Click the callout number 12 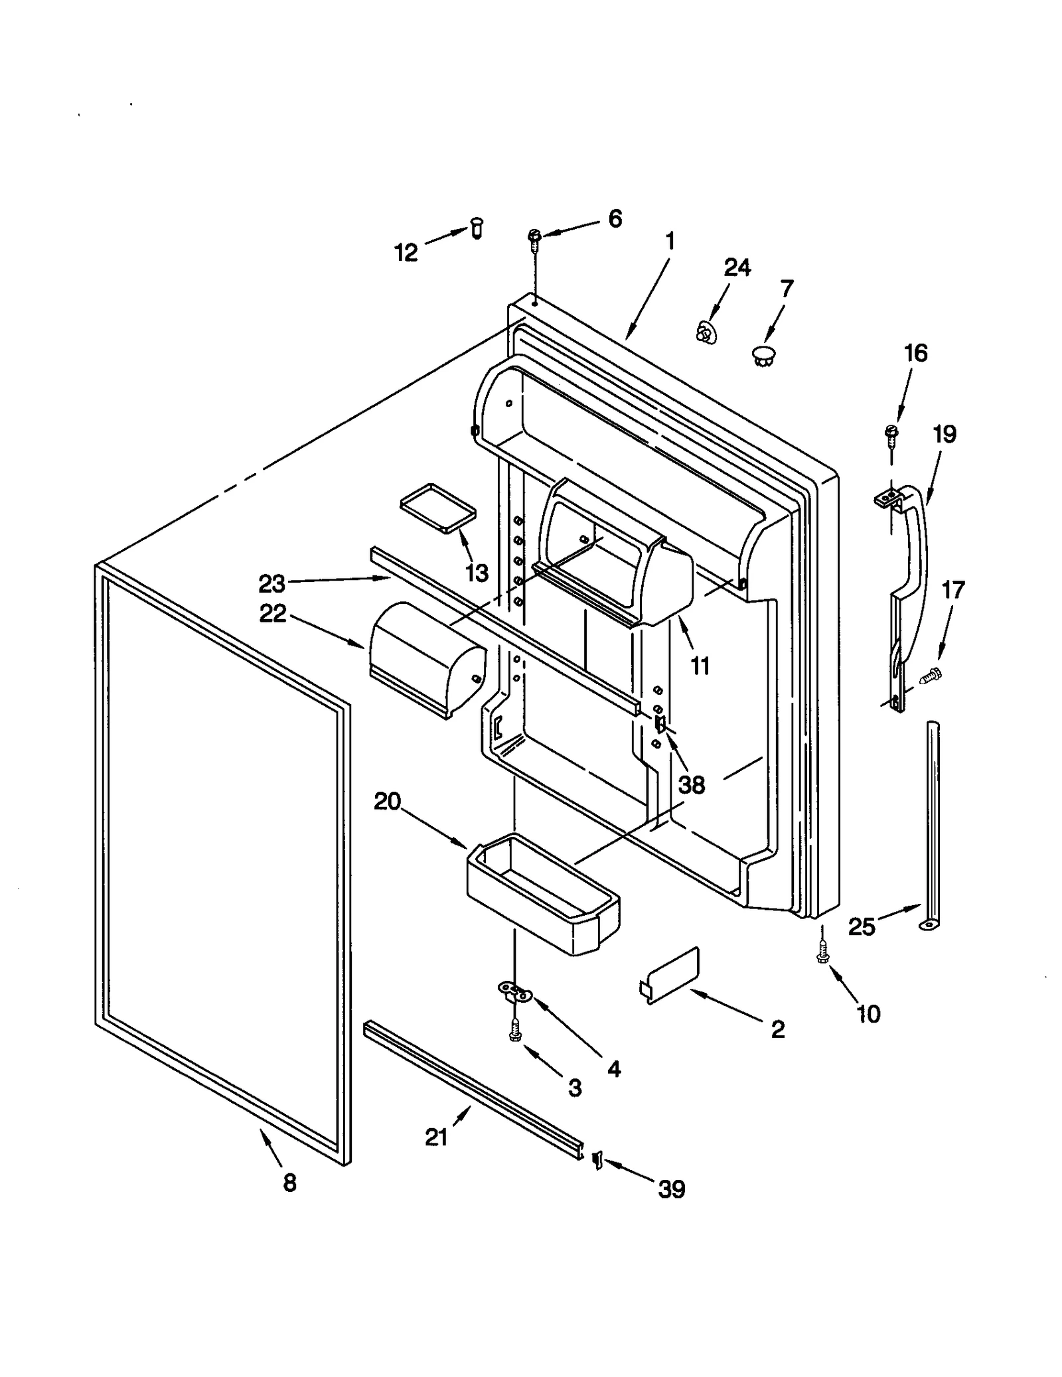click(406, 252)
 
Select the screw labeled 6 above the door click(534, 238)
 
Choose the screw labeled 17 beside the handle click(931, 676)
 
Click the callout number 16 click(916, 353)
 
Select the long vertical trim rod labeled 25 click(933, 823)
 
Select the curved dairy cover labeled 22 click(425, 657)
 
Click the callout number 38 click(692, 784)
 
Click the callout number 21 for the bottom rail click(436, 1137)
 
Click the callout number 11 click(700, 665)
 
